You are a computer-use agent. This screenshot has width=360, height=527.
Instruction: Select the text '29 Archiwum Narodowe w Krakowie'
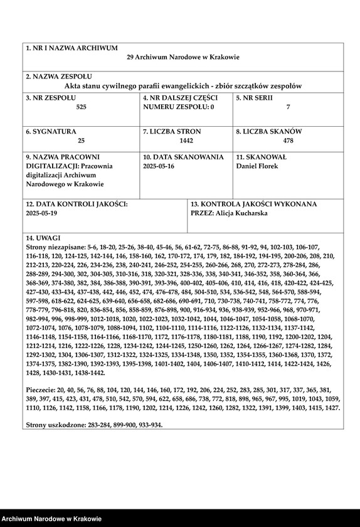pos(183,57)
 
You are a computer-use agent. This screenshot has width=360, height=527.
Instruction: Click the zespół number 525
pos(82,107)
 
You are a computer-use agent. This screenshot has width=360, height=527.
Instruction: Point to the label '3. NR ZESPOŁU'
pos(51,98)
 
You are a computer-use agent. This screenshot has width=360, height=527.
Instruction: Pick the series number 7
pos(288,107)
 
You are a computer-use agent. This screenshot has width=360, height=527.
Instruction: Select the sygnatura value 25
pos(82,141)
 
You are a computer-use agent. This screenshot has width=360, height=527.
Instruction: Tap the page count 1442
pos(186,141)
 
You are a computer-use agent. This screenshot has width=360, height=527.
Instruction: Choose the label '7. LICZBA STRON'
pos(173,132)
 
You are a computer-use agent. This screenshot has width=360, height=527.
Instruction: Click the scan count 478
pos(288,141)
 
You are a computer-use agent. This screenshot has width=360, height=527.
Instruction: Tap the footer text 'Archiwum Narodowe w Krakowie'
pos(51,519)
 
